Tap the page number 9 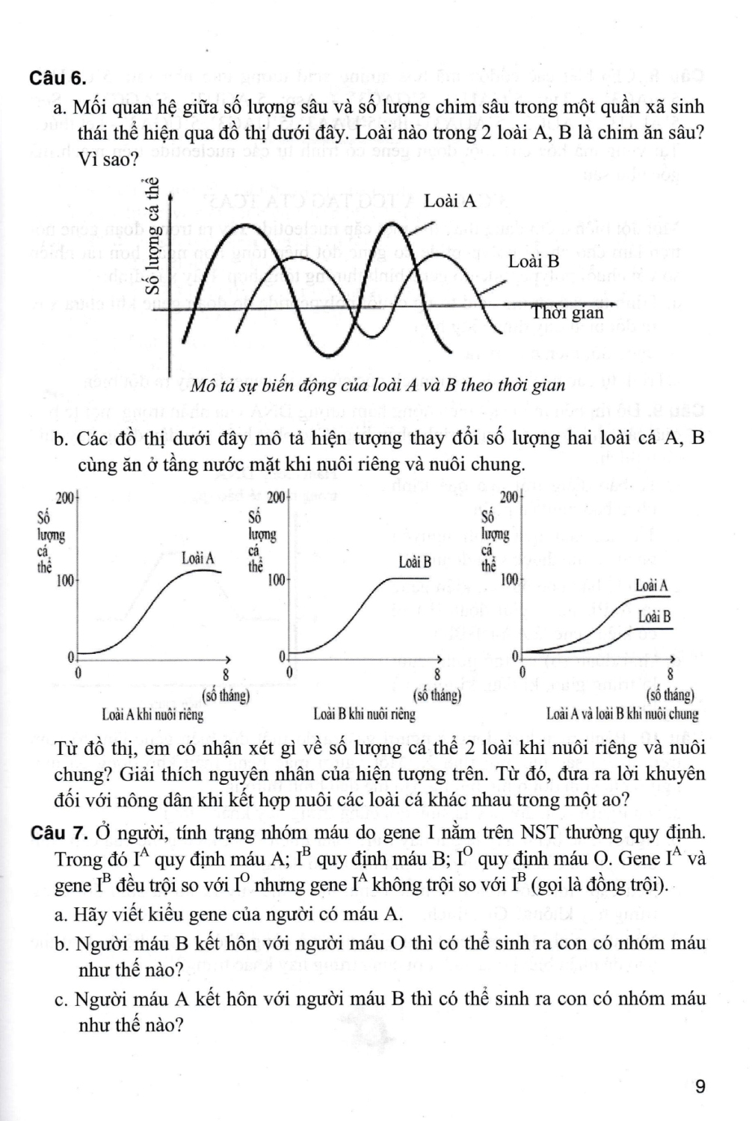pyautogui.click(x=700, y=1087)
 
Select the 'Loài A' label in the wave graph pyautogui.click(x=449, y=201)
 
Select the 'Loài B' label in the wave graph pyautogui.click(x=534, y=262)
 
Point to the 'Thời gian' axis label pyautogui.click(x=567, y=312)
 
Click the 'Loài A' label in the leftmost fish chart pyautogui.click(x=197, y=558)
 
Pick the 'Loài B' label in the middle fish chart pyautogui.click(x=415, y=562)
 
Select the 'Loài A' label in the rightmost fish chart pyautogui.click(x=651, y=585)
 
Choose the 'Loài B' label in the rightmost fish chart pyautogui.click(x=654, y=617)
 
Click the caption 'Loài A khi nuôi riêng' pyautogui.click(x=152, y=714)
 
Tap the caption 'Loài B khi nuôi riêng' pyautogui.click(x=364, y=714)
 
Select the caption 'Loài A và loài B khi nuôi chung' pyautogui.click(x=622, y=714)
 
